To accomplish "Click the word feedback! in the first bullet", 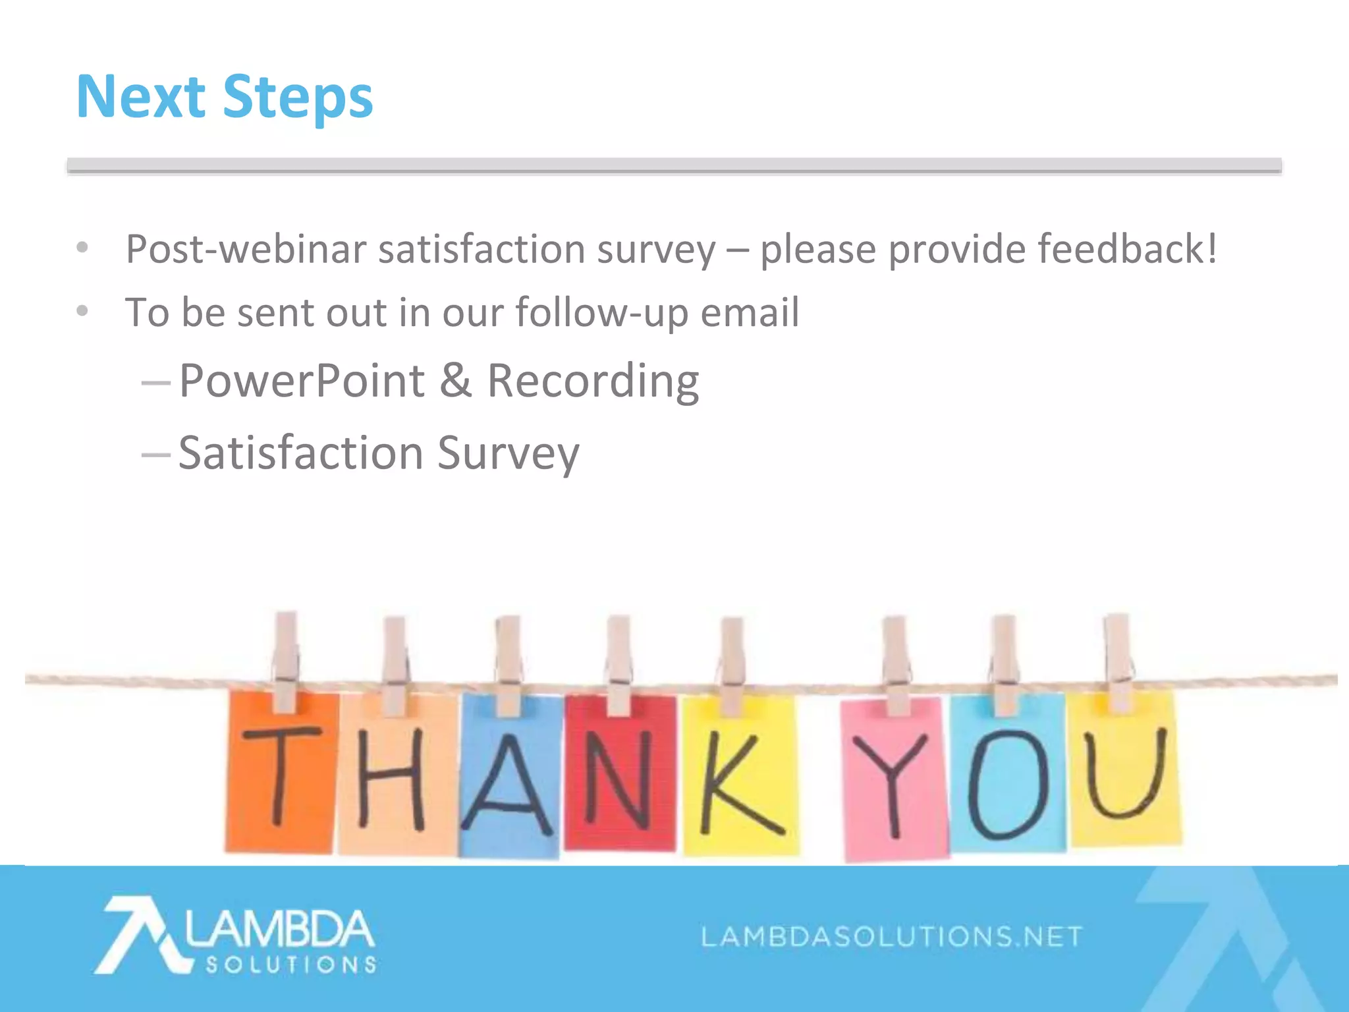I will click(1127, 249).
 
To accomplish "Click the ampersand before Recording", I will click(456, 381).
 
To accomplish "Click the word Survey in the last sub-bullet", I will click(508, 454).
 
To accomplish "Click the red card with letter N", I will click(619, 774).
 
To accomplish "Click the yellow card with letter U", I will click(1124, 771).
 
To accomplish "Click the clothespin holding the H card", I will click(395, 665).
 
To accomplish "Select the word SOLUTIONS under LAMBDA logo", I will click(290, 965).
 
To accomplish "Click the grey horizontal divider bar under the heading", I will click(674, 165).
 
